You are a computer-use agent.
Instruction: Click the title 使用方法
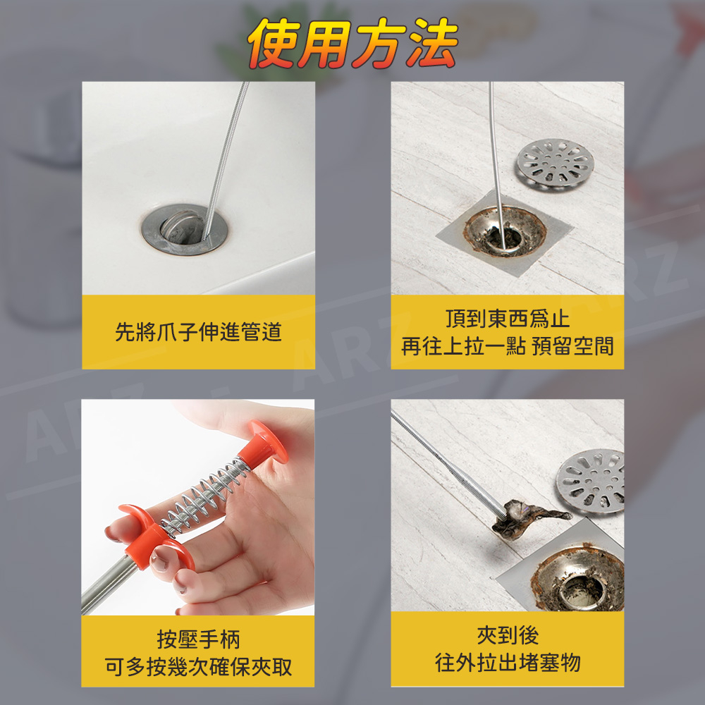pos(352,43)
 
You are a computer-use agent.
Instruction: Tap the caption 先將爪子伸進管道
pos(198,332)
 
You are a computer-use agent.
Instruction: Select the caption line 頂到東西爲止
pos(508,319)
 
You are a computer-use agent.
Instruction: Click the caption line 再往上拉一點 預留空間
pos(508,346)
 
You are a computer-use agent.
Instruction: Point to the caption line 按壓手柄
pos(198,639)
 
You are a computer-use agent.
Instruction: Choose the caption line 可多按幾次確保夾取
pos(198,667)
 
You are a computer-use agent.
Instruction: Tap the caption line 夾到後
pos(508,635)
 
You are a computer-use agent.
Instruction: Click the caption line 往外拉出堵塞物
pos(508,663)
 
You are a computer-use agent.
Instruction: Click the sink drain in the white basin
pos(185,229)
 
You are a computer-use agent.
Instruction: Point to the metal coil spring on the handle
pos(204,497)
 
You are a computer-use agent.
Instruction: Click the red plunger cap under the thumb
pos(265,443)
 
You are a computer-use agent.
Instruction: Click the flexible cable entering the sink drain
pos(226,160)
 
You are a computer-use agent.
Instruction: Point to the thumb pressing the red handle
pos(234,418)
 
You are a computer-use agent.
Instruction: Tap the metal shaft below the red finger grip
pos(109,585)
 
